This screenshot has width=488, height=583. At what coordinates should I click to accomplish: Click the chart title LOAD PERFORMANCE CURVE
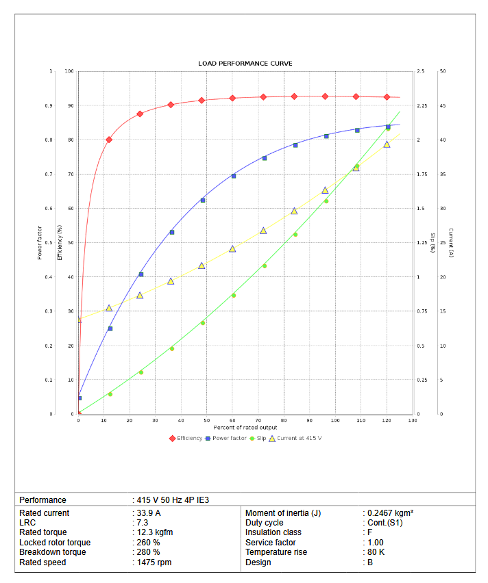245,64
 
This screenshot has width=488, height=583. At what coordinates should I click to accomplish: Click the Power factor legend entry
229,438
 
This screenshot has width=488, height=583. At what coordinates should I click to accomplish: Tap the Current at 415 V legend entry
299,438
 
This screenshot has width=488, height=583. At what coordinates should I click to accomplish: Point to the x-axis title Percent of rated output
245,428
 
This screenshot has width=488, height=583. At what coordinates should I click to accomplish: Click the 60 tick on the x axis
232,420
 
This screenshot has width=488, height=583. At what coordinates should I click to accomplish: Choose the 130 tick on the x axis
412,420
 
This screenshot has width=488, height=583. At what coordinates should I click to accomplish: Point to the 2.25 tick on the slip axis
421,105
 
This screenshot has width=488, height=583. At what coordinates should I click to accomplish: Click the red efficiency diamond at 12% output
109,140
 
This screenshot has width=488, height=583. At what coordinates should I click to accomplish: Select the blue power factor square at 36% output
171,233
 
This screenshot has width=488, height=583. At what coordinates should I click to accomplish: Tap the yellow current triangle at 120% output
387,144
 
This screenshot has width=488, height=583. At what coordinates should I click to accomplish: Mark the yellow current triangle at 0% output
79,320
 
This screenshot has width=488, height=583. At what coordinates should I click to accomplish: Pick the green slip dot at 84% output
295,235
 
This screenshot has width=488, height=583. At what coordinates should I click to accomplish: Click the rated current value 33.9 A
149,513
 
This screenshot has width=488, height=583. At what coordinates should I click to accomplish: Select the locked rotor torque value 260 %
148,543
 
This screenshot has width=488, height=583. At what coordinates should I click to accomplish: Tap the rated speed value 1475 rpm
154,562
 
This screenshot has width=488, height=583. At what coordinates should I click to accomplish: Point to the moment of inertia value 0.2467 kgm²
389,513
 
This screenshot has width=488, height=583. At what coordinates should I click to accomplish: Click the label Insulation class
273,532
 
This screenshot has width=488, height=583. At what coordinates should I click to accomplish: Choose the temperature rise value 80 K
376,552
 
